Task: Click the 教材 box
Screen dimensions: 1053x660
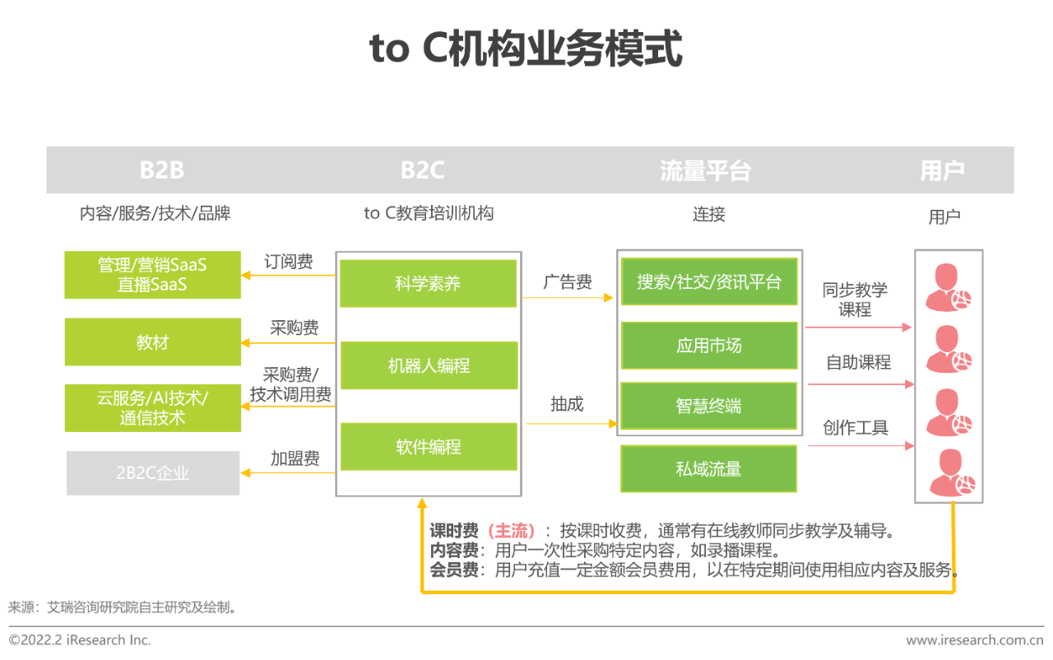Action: click(153, 342)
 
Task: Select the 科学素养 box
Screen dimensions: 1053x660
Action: click(429, 283)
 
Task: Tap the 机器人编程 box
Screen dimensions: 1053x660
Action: click(429, 365)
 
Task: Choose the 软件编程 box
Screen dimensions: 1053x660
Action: click(429, 447)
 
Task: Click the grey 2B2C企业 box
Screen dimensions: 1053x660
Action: click(153, 473)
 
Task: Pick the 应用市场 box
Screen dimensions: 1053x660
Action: click(709, 346)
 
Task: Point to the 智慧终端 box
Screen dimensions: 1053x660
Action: click(709, 406)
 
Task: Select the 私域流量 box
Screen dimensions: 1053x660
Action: click(709, 469)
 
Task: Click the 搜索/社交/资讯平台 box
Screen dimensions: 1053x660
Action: click(709, 281)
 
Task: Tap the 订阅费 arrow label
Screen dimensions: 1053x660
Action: click(289, 262)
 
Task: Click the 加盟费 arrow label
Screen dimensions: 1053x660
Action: click(295, 458)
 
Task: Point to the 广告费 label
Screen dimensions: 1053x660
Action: click(568, 281)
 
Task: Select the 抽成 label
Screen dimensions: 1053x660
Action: click(567, 404)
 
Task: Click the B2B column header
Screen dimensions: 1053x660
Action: click(162, 170)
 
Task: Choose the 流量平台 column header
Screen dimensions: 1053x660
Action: click(706, 170)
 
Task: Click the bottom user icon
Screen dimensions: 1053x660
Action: click(953, 473)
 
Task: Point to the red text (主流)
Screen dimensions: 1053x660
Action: click(512, 531)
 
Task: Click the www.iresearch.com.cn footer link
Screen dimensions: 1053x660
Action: click(975, 639)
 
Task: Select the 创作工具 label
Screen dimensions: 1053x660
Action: click(856, 427)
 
